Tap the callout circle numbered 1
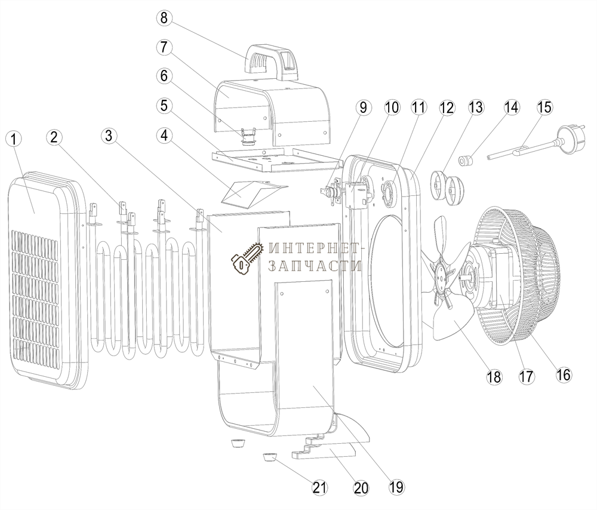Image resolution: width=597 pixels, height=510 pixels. [x=14, y=139]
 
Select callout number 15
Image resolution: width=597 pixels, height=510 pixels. [x=544, y=107]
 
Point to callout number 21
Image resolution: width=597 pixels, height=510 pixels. [x=320, y=487]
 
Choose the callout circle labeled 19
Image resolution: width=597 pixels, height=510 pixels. [x=396, y=487]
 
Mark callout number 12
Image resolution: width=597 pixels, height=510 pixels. [x=446, y=108]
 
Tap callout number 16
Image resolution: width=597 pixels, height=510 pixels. [x=562, y=374]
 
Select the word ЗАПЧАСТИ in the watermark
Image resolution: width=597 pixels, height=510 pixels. [x=315, y=266]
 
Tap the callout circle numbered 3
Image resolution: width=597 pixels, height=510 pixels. [x=107, y=137]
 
